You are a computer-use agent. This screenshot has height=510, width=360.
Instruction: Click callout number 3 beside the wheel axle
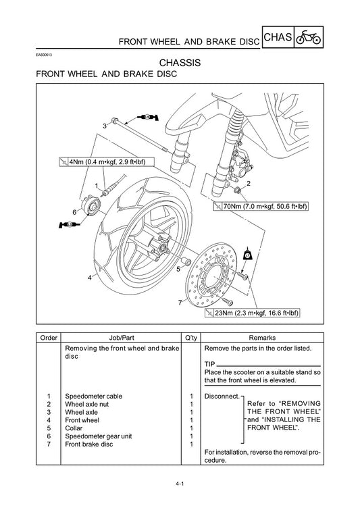105,126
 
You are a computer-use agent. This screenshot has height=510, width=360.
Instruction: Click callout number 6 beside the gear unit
74,212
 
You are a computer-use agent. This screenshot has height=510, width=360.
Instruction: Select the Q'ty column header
191,336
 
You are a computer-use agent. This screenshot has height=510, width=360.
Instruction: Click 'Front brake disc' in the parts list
90,444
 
